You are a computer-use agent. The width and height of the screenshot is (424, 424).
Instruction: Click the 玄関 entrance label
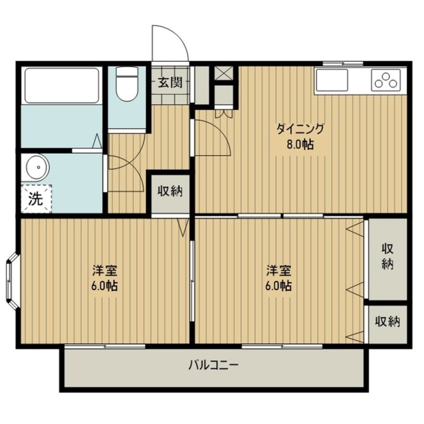pos(170,82)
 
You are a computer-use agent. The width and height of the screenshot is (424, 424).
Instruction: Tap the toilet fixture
pos(127,83)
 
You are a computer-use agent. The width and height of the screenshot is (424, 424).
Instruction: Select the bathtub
pos(62,86)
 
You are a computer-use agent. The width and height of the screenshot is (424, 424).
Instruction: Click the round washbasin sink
pos(38,167)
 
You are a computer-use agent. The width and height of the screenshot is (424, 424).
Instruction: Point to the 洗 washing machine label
pos(36,199)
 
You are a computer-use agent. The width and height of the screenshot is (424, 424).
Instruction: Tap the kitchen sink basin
pos(332,80)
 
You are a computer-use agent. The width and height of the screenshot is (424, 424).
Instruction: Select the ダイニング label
pos(300,129)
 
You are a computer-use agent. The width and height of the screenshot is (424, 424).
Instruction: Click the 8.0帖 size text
pos(300,144)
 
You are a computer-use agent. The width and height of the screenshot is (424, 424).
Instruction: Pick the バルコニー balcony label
pos(214,366)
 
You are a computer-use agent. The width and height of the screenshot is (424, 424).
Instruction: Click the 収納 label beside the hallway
pos(170,191)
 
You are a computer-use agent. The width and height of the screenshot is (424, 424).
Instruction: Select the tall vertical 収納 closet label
pos(388,256)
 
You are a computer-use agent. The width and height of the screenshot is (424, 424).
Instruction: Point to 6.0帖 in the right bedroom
pos(278,286)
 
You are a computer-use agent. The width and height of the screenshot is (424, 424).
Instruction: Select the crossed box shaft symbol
pos(223,73)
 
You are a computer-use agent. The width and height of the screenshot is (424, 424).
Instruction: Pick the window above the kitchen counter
pos(343,64)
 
